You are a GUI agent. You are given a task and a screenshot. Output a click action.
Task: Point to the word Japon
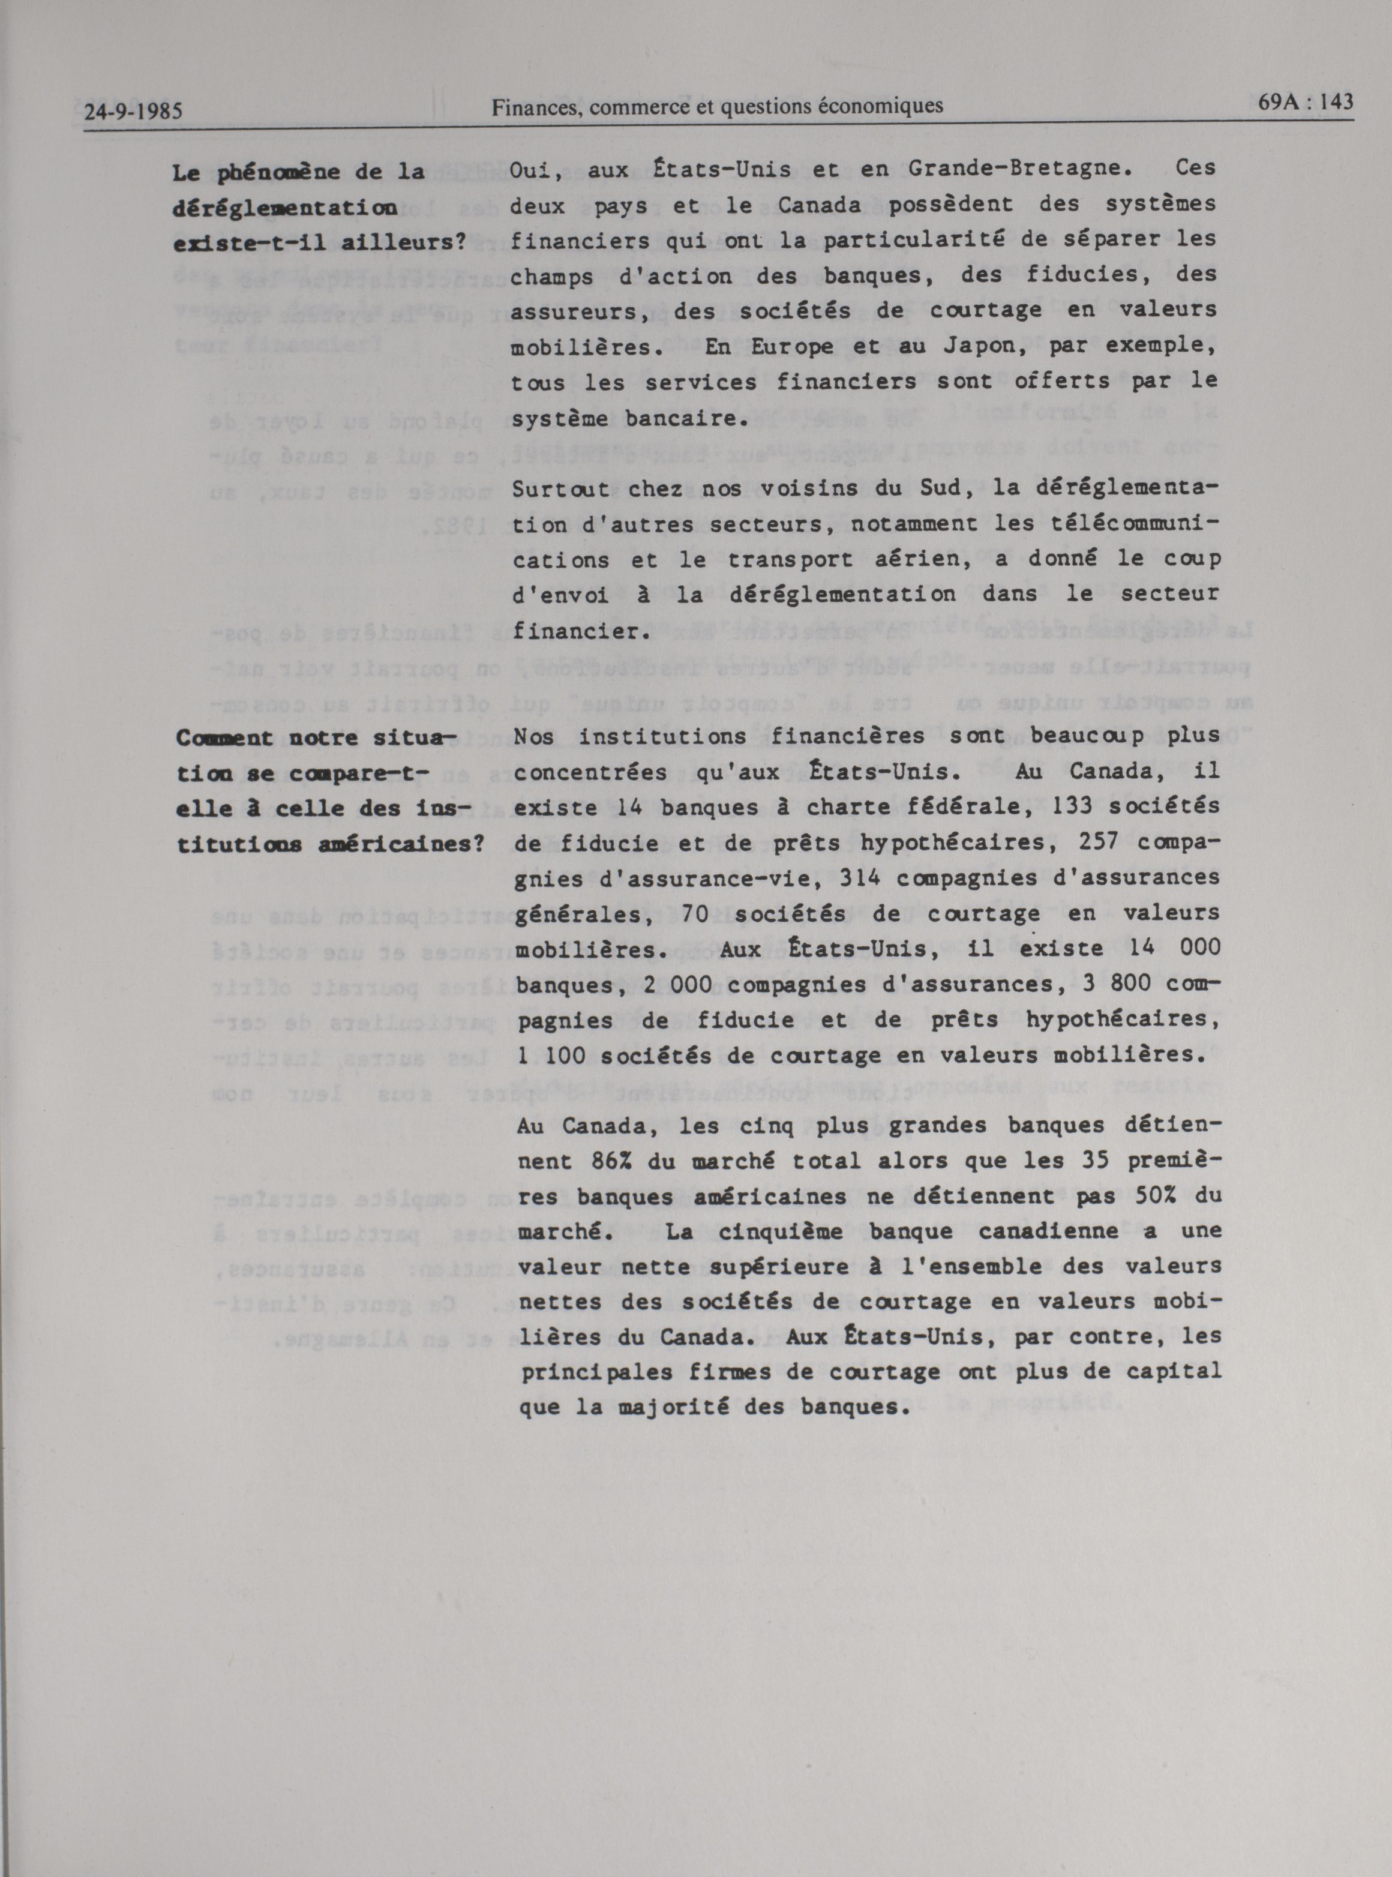[x=955, y=346]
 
